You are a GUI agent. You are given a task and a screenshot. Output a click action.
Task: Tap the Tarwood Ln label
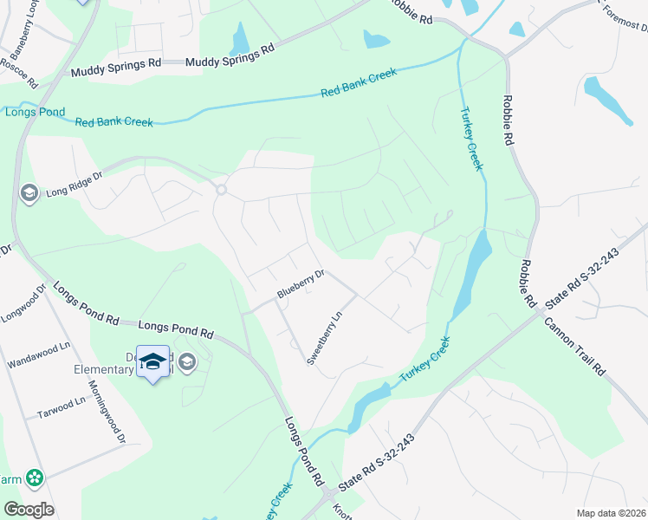[62, 407]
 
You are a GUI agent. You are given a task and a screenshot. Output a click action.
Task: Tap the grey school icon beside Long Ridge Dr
[29, 192]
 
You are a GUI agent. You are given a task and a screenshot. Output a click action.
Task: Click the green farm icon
[35, 477]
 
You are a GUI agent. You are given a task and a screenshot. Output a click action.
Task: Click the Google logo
[29, 510]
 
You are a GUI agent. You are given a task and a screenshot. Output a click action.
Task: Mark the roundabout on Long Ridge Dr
[221, 190]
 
